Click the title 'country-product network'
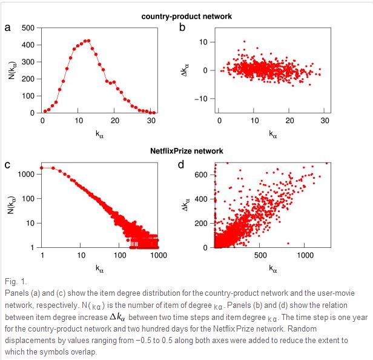(x=187, y=16)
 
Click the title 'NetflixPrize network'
(x=187, y=150)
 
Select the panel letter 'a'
(x=7, y=28)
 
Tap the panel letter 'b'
(x=182, y=28)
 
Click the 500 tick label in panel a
(x=28, y=28)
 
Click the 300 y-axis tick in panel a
(x=28, y=62)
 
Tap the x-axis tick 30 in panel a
(x=151, y=121)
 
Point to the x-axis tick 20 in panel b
(x=290, y=121)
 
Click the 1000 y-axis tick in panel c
(x=25, y=174)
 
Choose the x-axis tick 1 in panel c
(x=42, y=256)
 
